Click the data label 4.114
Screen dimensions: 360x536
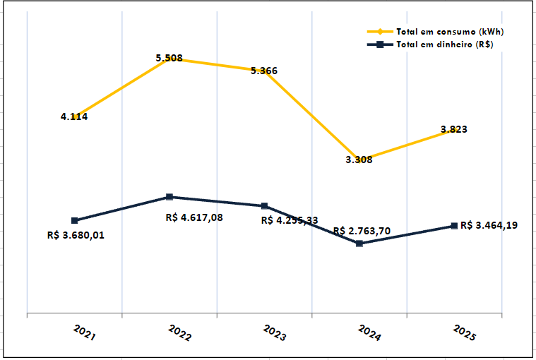pos(74,116)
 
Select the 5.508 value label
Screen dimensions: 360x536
pos(169,58)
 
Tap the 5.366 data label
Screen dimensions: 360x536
pos(264,71)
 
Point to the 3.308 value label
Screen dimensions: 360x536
pos(359,160)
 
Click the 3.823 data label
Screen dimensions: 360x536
pos(453,129)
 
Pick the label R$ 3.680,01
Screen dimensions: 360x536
pos(75,235)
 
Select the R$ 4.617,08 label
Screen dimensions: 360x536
pos(194,217)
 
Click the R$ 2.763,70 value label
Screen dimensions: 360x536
pos(361,230)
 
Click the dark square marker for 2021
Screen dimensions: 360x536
pos(75,220)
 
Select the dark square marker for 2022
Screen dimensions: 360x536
pos(169,197)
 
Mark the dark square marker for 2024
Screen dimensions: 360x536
pos(359,244)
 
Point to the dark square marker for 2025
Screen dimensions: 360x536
pos(454,226)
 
